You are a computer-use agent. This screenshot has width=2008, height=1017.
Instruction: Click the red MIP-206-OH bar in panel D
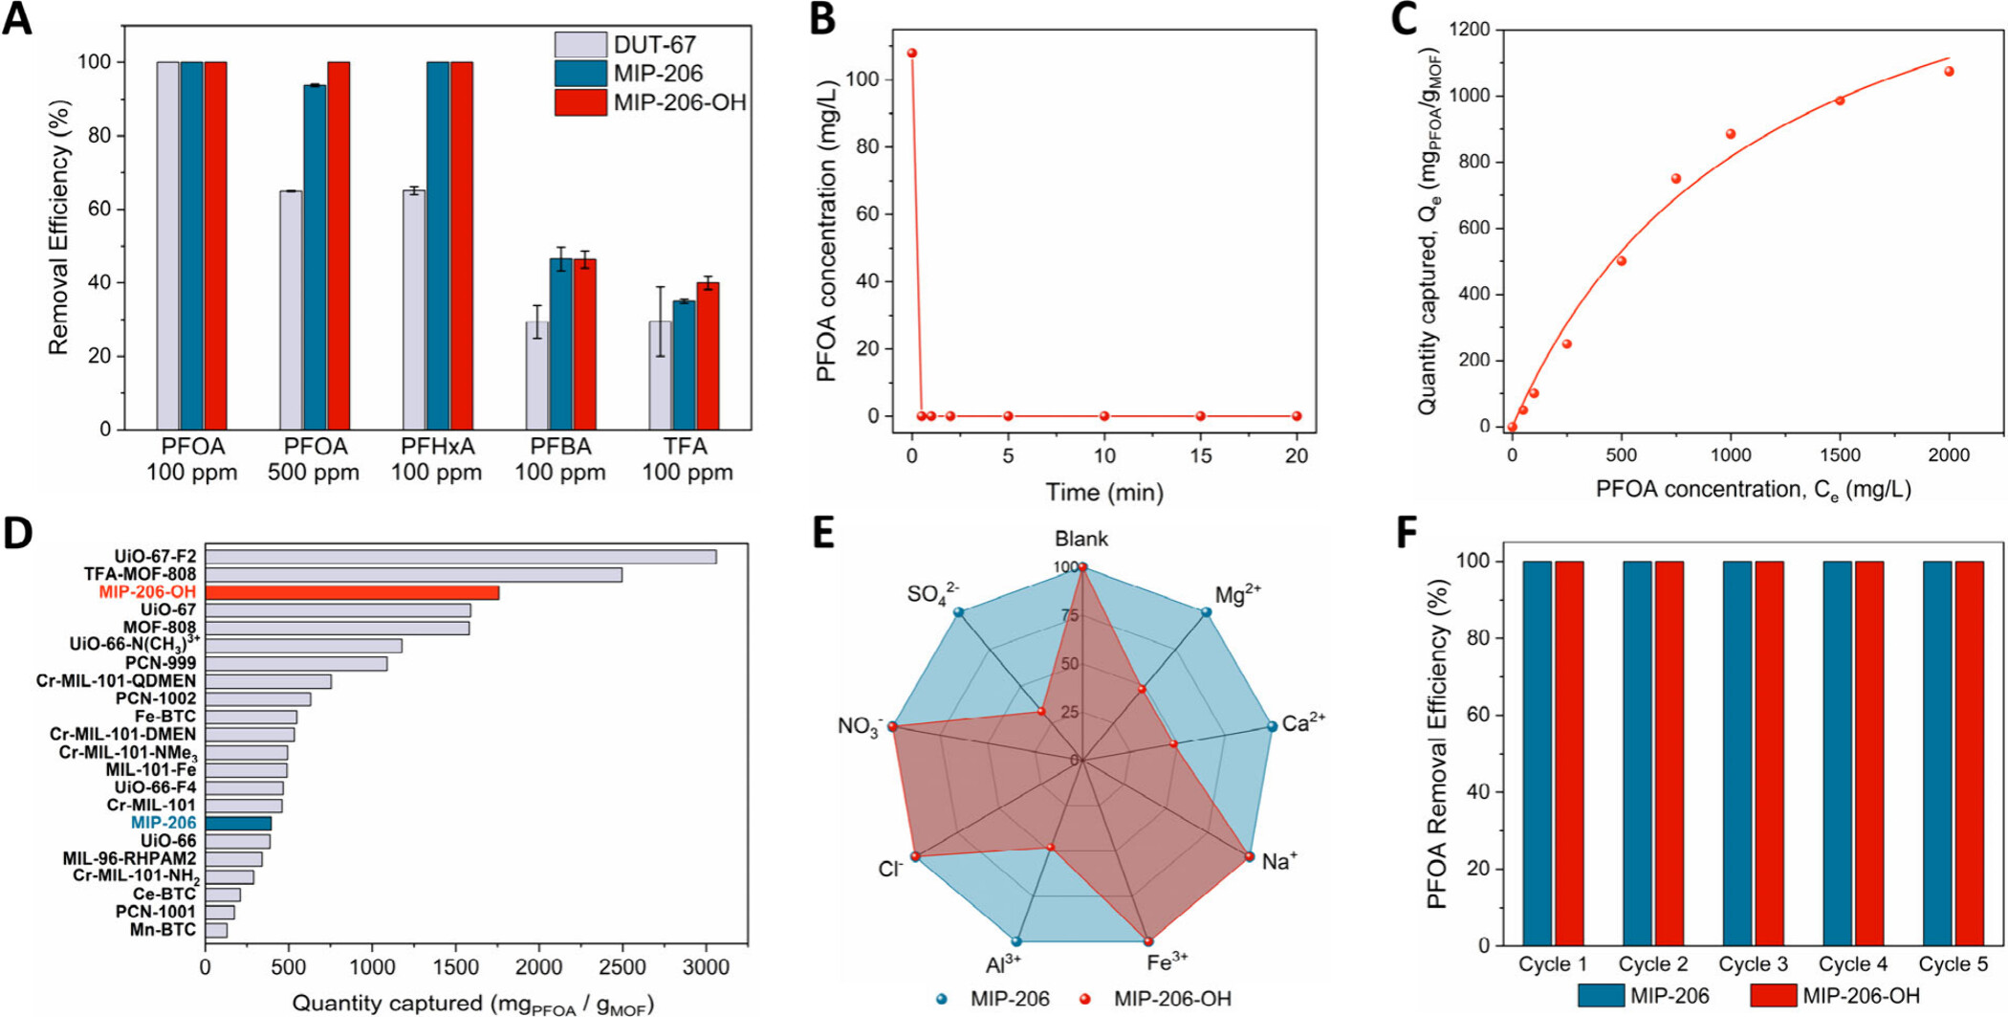pyautogui.click(x=352, y=593)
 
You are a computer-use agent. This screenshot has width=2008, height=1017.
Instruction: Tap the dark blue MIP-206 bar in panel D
pyautogui.click(x=238, y=824)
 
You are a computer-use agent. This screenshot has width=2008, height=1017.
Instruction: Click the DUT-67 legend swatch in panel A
pyautogui.click(x=580, y=45)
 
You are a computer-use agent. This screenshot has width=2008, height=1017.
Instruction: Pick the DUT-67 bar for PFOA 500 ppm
pyautogui.click(x=291, y=310)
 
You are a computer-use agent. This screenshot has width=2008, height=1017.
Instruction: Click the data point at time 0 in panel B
pyautogui.click(x=911, y=54)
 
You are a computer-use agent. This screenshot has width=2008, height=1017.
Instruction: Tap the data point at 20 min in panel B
pyautogui.click(x=1297, y=416)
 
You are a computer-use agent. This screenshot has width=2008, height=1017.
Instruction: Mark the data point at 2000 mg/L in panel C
pyautogui.click(x=1949, y=72)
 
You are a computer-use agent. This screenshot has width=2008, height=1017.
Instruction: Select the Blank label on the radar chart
pyautogui.click(x=1081, y=539)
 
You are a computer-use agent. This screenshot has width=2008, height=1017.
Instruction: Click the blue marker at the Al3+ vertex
pyautogui.click(x=1016, y=941)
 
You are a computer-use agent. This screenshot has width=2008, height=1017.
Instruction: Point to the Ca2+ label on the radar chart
pyautogui.click(x=1303, y=723)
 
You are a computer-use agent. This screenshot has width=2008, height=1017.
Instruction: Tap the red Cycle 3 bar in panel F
pyautogui.click(x=1769, y=753)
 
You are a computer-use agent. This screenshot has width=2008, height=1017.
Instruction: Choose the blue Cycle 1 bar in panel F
pyautogui.click(x=1537, y=753)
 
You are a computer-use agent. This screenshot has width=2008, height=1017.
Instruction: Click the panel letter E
pyautogui.click(x=824, y=534)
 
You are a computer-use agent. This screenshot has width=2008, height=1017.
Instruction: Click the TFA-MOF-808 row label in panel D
pyautogui.click(x=140, y=575)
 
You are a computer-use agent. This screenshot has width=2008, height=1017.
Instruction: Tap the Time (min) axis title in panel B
pyautogui.click(x=1104, y=493)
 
